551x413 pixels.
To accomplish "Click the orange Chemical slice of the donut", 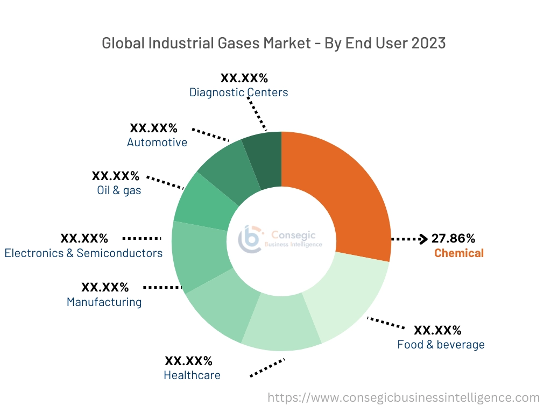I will tap(344, 194).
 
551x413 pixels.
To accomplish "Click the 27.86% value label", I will tap(453, 238).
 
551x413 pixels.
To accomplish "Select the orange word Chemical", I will tap(459, 253).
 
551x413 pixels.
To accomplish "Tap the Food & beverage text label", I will tap(441, 344).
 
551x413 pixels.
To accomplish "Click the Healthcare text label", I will tap(192, 375).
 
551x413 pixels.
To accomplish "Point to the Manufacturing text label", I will tap(104, 302).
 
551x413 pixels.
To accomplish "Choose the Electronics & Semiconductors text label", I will tap(83, 253).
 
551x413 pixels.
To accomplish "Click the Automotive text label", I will tap(157, 142).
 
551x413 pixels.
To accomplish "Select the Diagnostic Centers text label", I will tap(238, 92).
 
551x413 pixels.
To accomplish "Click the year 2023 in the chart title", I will tap(428, 43).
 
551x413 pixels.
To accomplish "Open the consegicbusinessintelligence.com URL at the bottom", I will tap(404, 397).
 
